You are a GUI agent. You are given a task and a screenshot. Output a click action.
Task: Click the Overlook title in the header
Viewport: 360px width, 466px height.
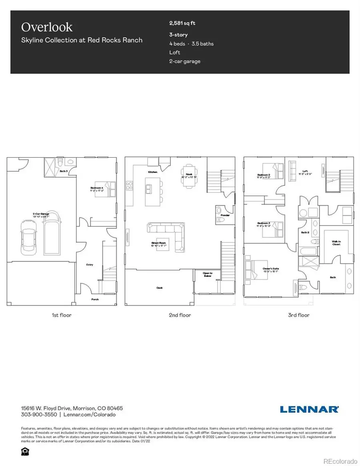click(47, 27)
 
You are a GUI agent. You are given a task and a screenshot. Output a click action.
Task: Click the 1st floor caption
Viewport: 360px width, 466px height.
click(62, 315)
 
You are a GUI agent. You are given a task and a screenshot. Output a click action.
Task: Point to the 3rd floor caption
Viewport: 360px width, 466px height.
click(299, 315)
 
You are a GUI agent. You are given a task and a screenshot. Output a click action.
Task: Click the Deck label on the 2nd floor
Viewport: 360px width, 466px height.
click(160, 287)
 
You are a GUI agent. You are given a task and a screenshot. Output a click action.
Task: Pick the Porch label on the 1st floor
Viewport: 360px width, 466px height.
click(95, 299)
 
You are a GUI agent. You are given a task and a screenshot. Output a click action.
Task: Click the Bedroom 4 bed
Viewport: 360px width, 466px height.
click(108, 188)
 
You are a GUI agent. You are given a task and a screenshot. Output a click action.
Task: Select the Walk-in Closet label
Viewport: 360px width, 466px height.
click(336, 243)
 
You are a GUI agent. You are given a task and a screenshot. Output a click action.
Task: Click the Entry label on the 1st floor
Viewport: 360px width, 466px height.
click(90, 264)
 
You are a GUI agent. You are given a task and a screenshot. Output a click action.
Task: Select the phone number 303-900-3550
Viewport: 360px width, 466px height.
click(39, 415)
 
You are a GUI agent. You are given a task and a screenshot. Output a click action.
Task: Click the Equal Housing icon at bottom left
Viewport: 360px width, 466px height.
click(23, 451)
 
